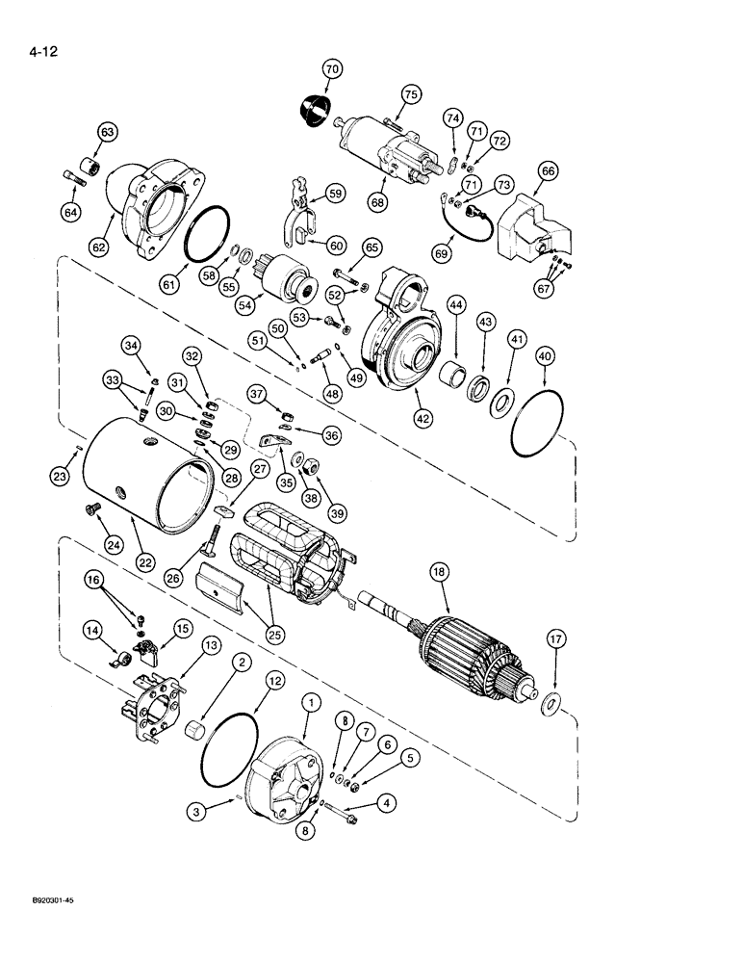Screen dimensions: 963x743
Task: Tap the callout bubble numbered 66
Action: [x=547, y=171]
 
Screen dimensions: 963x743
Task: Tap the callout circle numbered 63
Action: [x=107, y=132]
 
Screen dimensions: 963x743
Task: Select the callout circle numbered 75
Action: [x=411, y=94]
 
